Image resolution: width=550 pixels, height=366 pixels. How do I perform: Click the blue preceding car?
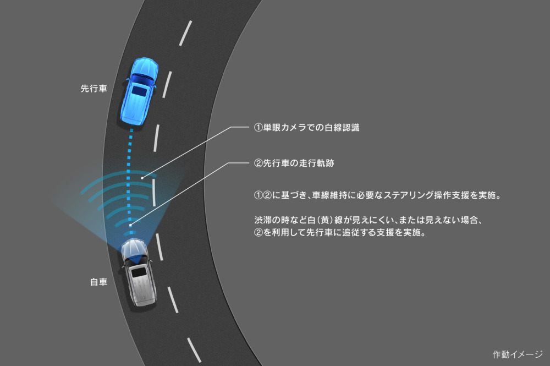139,91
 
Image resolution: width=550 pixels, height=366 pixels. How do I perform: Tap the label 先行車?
94,89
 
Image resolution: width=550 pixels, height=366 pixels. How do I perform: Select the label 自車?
98,282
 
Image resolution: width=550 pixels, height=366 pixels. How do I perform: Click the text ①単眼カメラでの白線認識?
306,127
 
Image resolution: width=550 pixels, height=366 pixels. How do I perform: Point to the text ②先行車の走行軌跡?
294,163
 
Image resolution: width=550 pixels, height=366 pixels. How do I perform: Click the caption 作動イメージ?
518,354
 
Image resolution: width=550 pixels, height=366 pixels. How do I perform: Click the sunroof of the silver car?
139,271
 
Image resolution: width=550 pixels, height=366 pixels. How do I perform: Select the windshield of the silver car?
134,259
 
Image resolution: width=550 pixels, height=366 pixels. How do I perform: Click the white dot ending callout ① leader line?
142,178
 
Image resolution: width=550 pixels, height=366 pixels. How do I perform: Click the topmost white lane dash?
185,33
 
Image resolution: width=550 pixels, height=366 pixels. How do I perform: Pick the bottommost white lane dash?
194,350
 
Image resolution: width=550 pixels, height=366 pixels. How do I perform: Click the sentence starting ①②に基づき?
377,195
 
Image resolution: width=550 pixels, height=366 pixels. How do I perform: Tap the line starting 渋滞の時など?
369,220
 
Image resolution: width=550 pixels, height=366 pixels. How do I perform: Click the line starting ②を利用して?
339,232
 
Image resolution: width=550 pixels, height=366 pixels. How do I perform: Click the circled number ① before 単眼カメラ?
258,127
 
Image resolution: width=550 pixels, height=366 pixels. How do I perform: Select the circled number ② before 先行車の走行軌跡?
258,163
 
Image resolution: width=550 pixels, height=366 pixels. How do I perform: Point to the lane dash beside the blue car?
167,85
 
